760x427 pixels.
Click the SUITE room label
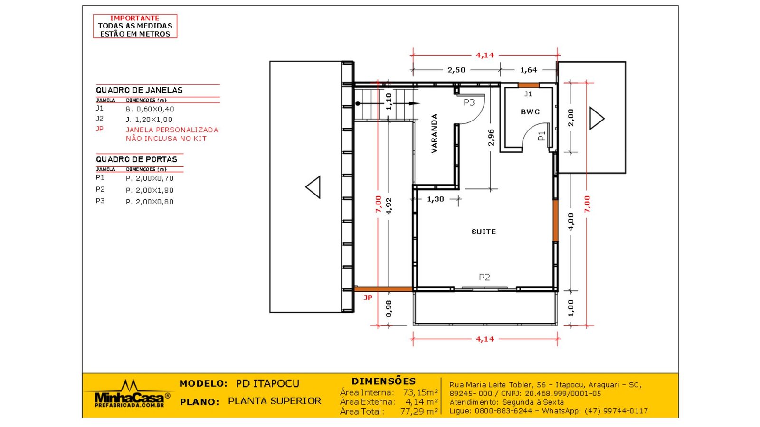tap(484, 232)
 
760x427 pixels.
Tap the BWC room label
tap(530, 112)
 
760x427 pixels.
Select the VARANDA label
tap(434, 133)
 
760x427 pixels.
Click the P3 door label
tap(469, 102)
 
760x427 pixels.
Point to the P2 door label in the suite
tap(484, 277)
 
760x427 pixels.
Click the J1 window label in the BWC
tap(528, 94)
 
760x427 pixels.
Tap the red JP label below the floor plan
tap(368, 297)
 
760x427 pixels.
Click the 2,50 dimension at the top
tap(456, 70)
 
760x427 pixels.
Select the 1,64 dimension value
tap(528, 70)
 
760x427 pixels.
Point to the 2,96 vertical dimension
tap(491, 138)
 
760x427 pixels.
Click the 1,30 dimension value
tap(435, 199)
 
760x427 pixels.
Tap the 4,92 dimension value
tap(389, 206)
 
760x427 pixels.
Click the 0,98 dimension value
tap(389, 308)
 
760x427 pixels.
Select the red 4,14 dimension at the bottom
tap(485, 339)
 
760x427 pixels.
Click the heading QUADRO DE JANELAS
tap(139, 90)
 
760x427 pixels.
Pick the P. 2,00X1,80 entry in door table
tap(150, 190)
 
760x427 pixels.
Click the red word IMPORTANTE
tap(135, 18)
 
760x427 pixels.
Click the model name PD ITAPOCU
tap(268, 383)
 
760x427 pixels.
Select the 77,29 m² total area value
tap(419, 411)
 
